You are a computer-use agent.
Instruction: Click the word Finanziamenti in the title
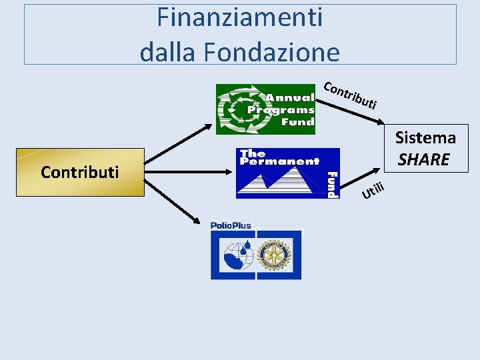click(240, 17)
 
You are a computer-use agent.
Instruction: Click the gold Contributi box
click(80, 172)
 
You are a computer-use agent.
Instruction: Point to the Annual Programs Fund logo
click(265, 109)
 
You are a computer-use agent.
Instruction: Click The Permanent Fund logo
click(287, 173)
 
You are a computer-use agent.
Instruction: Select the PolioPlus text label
click(231, 225)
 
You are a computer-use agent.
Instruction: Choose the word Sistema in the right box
click(425, 138)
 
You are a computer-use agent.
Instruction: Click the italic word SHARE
click(424, 160)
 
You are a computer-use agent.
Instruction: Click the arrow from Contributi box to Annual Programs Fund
click(180, 139)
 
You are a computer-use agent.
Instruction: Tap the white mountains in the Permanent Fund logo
click(280, 180)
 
